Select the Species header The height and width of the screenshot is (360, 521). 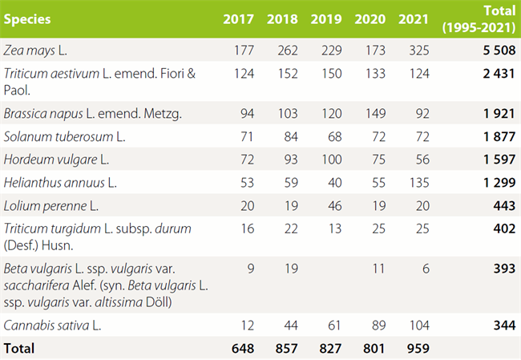coord(27,18)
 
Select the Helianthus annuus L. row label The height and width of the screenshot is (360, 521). coord(60,182)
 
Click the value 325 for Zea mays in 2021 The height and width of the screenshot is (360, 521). coord(418,51)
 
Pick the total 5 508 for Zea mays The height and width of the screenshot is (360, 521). coord(496,51)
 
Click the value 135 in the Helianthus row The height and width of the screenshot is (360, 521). coord(418,182)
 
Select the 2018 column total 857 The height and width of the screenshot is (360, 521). coord(284,349)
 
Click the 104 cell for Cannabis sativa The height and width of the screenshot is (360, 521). coord(418,326)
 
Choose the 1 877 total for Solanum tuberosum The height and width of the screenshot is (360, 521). coord(496,136)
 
